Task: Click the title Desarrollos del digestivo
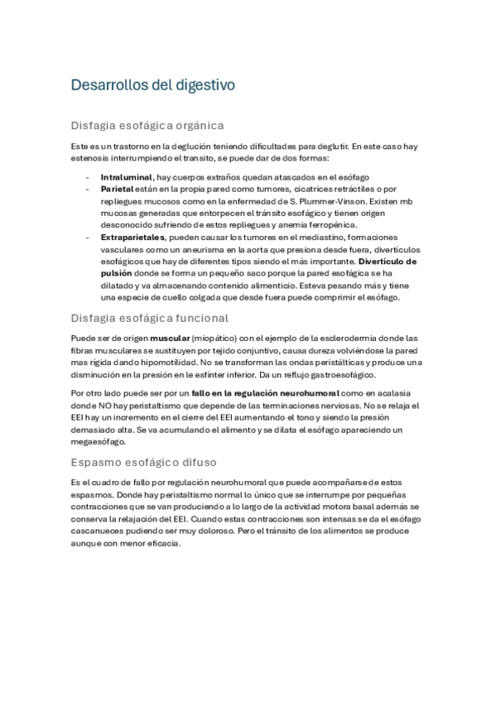point(153,84)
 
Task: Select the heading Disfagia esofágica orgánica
point(147,126)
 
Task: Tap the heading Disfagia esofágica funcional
point(150,318)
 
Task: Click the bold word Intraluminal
point(126,177)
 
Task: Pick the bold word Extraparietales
point(132,237)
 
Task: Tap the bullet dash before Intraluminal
point(88,177)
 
